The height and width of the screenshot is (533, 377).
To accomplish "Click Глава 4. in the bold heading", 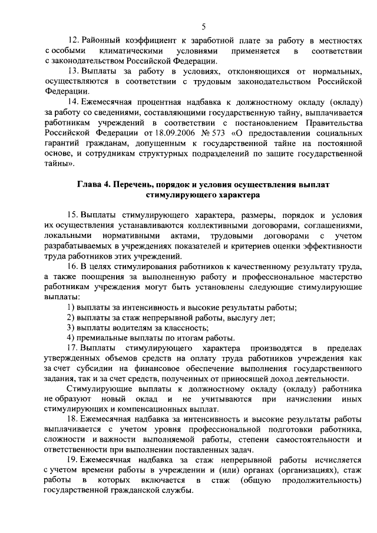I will (x=94, y=184).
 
